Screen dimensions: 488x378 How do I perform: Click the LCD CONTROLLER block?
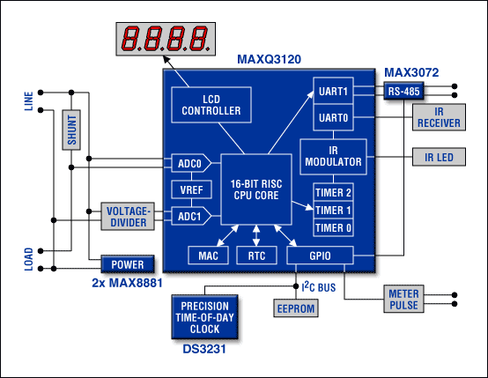coord(211,105)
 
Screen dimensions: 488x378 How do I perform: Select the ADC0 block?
coord(191,163)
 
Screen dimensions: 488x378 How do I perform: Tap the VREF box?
coord(192,189)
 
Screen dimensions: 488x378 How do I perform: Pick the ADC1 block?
coord(191,216)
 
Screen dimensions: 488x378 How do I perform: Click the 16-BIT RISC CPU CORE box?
coord(256,189)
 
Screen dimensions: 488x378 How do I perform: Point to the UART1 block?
coord(333,91)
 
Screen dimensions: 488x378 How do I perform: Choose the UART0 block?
coord(333,117)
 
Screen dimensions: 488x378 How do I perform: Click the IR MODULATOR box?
coord(333,157)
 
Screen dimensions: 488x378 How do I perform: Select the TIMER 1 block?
coord(333,211)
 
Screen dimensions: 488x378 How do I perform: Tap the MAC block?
coord(208,256)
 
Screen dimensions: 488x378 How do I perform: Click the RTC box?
coord(256,256)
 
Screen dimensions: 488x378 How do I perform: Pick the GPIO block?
coord(320,256)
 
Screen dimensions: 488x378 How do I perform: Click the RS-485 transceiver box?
coord(403,91)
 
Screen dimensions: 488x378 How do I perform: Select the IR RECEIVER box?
coord(439,117)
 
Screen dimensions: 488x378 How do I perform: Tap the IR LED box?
coord(439,157)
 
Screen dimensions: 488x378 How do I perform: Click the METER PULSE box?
coord(403,299)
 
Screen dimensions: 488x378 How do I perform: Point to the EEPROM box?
coord(296,308)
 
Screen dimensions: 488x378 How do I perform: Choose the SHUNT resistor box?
coord(71,130)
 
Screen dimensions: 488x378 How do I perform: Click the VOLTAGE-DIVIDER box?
coord(128,217)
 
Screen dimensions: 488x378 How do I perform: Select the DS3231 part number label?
coord(204,349)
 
